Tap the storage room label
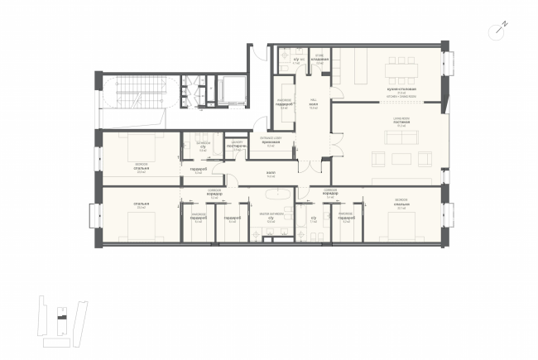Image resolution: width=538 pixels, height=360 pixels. (319, 59)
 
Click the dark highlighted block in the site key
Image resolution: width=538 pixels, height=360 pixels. (59, 315)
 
